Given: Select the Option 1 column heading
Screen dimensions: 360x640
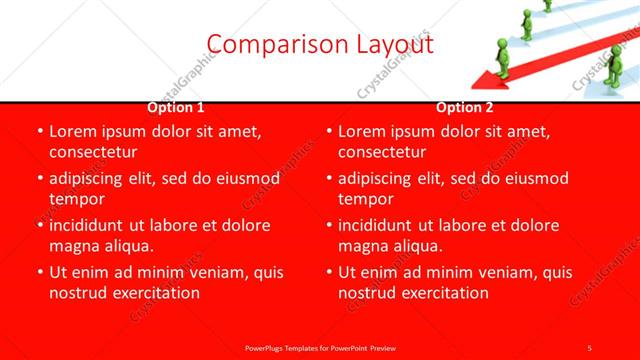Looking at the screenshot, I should [x=176, y=108].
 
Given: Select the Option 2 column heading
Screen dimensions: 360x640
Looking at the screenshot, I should [x=465, y=108].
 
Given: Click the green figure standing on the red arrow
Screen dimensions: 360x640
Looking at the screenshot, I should [x=526, y=25].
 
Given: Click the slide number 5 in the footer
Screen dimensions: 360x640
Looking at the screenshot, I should [x=589, y=346].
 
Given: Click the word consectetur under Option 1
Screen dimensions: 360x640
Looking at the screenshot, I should [x=92, y=152].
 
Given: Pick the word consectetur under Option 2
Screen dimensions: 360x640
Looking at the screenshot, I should [x=382, y=152].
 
